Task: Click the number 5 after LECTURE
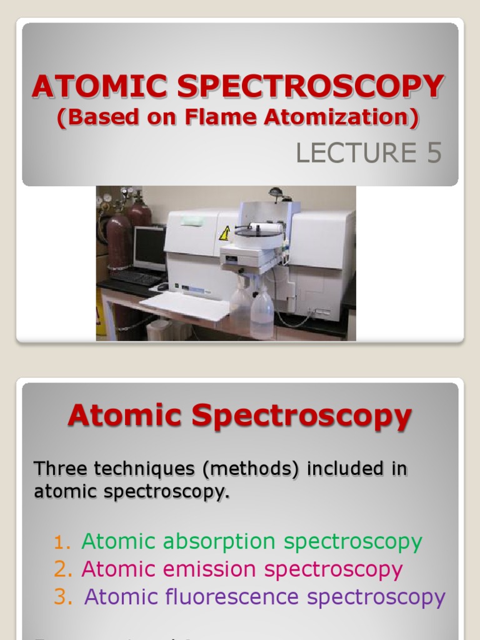click(x=434, y=153)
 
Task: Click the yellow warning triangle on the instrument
click(x=224, y=234)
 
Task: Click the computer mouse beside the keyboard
click(x=162, y=287)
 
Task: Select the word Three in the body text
click(x=58, y=468)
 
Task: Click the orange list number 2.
click(x=62, y=569)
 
